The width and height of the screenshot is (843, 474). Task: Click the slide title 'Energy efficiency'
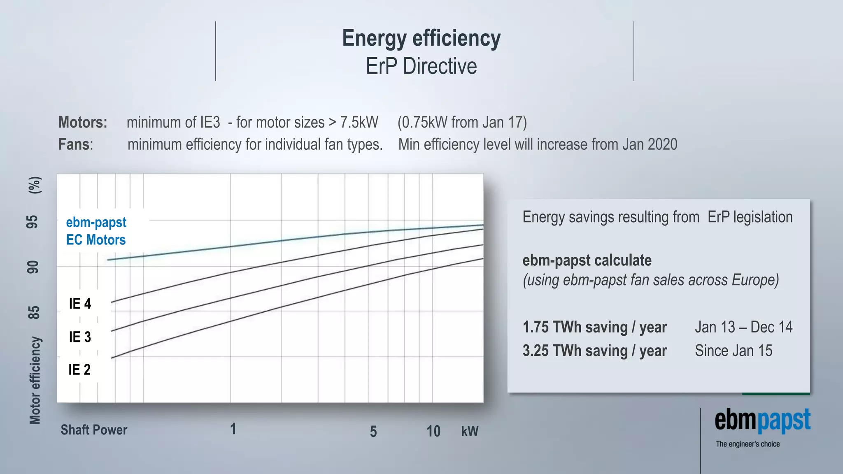421,38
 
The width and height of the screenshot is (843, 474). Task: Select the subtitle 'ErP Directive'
421,66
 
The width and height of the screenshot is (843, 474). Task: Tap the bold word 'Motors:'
83,123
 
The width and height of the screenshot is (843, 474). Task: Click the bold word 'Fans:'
76,144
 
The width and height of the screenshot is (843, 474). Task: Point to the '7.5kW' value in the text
359,123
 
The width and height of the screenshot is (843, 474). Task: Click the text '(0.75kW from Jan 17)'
462,123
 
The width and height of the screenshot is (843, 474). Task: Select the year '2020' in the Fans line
662,144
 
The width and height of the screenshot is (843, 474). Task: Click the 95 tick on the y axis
33,222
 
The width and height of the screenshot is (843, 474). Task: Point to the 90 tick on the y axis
33,267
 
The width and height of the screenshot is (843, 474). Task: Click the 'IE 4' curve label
80,304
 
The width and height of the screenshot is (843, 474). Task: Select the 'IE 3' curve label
80,337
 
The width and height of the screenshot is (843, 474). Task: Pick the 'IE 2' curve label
79,369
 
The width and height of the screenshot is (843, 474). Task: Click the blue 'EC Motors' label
96,240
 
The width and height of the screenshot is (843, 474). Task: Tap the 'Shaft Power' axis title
94,430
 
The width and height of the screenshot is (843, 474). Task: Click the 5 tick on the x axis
373,432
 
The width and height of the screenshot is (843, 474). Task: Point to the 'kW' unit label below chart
470,431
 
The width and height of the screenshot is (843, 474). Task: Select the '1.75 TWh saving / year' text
594,327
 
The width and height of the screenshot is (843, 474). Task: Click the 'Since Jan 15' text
734,351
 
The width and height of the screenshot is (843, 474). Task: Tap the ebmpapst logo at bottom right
762,421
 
